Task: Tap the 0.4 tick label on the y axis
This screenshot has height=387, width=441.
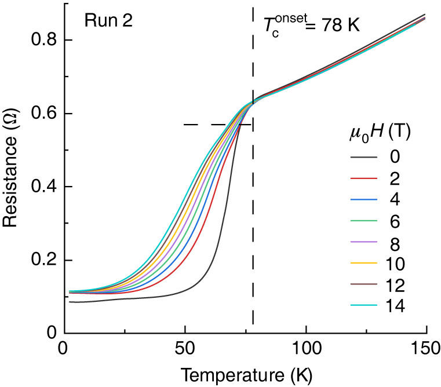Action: pyautogui.click(x=43, y=187)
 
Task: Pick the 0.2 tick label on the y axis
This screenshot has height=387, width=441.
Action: pyautogui.click(x=43, y=260)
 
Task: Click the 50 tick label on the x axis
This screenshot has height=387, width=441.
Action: pyautogui.click(x=184, y=351)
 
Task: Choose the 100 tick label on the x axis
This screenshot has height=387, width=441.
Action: pyautogui.click(x=305, y=351)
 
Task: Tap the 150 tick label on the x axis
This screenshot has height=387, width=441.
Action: pyautogui.click(x=426, y=351)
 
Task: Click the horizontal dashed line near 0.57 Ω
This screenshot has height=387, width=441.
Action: pyautogui.click(x=217, y=124)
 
